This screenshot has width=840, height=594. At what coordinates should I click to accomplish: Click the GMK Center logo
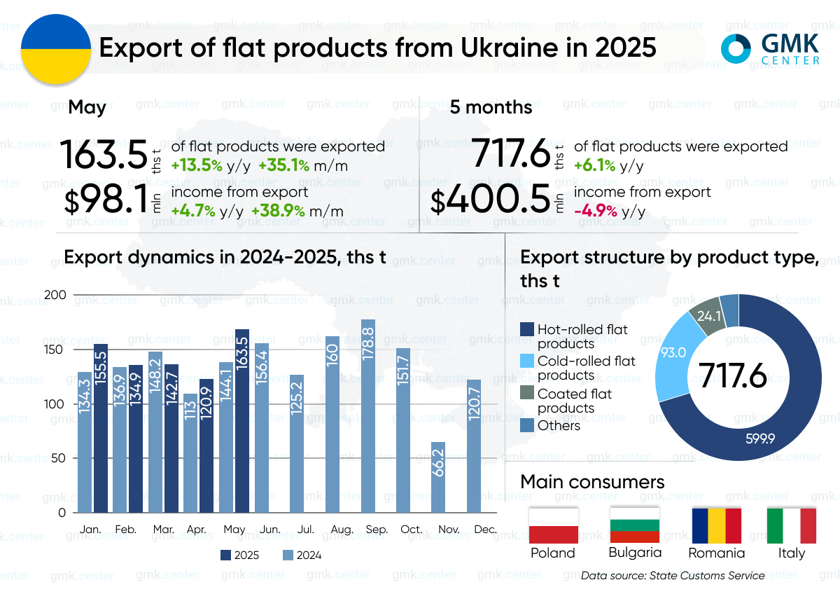click(770, 49)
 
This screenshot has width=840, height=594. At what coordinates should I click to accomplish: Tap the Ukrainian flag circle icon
click(56, 48)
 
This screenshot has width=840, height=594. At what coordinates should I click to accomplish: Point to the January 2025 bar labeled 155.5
click(101, 427)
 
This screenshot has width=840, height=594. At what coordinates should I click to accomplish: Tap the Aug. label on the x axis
click(342, 530)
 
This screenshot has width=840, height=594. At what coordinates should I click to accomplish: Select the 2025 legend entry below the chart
click(240, 555)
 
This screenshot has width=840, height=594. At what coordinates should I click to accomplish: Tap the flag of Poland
click(553, 525)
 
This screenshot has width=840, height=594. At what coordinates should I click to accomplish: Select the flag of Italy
click(792, 525)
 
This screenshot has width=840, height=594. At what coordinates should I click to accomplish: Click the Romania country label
click(717, 553)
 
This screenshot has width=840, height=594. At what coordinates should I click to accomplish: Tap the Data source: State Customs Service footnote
click(672, 576)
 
